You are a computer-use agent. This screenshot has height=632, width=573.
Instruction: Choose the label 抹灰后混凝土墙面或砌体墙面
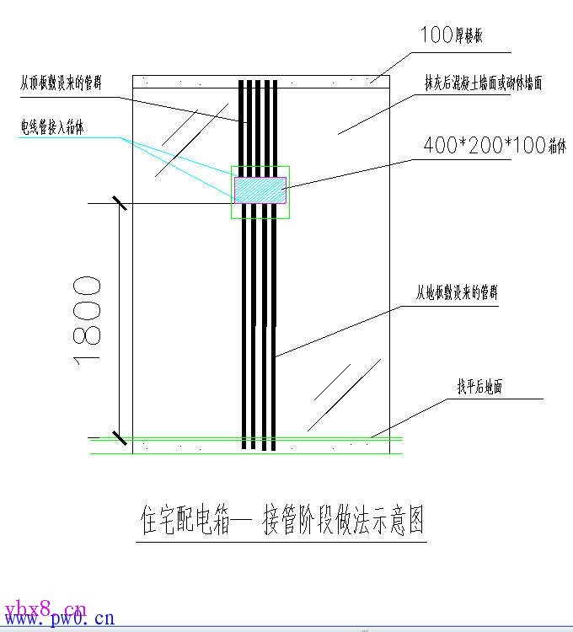(x=483, y=83)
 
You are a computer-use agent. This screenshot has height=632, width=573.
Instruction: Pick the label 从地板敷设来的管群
(x=457, y=293)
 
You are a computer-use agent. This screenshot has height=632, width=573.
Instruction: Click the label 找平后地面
(x=479, y=387)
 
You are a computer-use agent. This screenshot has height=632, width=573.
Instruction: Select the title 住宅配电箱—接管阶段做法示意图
(x=281, y=522)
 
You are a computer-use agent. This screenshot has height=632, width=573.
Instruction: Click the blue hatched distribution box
(x=260, y=190)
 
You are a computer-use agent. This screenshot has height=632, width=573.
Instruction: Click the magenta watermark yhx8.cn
(x=44, y=607)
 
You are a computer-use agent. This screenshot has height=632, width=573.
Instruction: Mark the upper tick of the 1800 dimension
(x=120, y=203)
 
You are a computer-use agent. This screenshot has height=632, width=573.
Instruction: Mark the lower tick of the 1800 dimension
(x=120, y=438)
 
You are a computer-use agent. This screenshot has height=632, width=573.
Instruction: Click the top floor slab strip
(x=261, y=82)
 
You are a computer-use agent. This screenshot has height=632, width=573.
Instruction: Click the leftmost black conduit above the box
(x=242, y=126)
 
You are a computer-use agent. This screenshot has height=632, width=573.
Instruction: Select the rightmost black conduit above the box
(x=276, y=126)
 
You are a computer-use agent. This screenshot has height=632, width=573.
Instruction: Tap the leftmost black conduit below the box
(x=244, y=337)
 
